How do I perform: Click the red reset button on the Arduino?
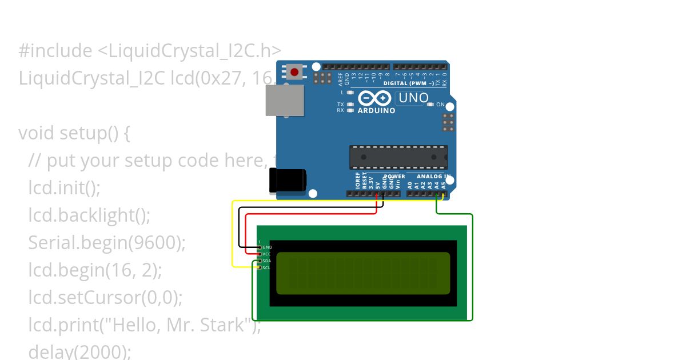pos(294,72)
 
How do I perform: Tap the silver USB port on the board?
pos(285,101)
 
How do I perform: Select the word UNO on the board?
pos(413,98)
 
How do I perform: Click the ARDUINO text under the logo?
pos(376,111)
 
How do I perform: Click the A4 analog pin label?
pos(437,185)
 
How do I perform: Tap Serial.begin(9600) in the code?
pos(107,243)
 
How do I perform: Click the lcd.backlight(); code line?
pos(89,215)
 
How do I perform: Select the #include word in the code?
pos(55,51)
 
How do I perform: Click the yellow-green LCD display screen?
pos(363,273)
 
